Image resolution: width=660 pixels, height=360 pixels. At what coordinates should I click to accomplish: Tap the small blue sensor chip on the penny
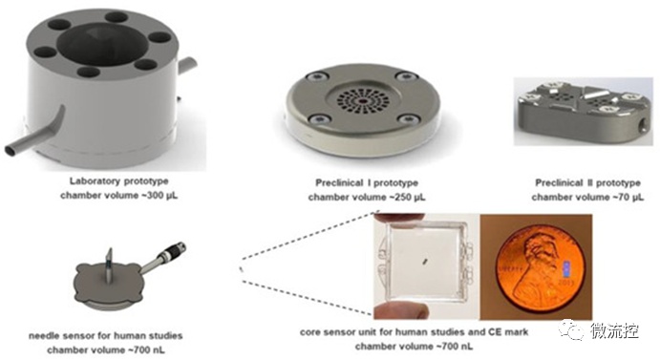(x=566, y=269)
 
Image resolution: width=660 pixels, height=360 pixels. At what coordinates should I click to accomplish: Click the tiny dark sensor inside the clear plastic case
(x=424, y=262)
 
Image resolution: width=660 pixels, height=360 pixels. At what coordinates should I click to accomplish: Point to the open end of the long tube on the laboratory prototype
(x=11, y=150)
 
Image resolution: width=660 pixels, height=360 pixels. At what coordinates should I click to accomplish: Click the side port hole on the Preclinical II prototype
(x=642, y=126)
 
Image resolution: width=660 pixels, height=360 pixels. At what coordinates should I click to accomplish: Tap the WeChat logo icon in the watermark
(x=571, y=328)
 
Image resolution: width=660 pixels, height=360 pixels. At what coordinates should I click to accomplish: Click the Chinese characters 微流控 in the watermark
(x=614, y=329)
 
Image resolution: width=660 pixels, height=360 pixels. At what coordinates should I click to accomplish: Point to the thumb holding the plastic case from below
(x=402, y=310)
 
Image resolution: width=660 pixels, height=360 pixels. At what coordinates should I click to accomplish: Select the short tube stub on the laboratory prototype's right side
(x=187, y=66)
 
